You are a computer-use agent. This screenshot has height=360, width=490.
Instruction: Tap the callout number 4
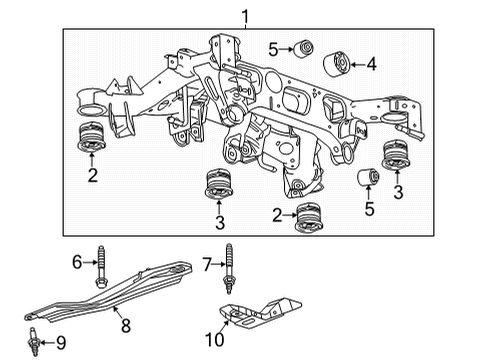coord(371,65)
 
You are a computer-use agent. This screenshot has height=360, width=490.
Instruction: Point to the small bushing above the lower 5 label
coord(367,178)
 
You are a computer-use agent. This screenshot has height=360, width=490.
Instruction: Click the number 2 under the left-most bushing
coord(92,176)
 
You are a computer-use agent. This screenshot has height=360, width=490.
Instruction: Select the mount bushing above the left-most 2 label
coord(92,138)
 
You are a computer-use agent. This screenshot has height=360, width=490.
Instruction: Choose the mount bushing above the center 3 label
coord(218,187)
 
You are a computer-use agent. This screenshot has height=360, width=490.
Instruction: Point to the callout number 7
coord(206,263)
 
